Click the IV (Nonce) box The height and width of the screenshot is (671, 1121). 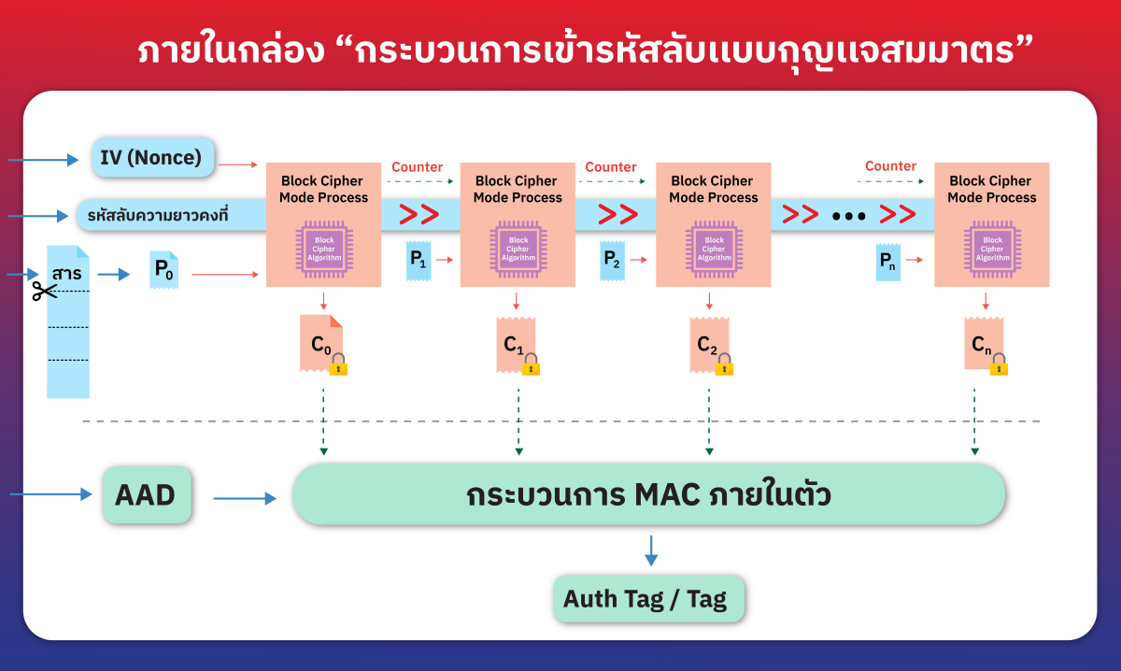tap(153, 157)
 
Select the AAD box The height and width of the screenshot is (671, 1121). tap(146, 495)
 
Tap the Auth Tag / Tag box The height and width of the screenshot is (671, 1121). tap(650, 599)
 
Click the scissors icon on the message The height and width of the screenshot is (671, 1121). tap(43, 291)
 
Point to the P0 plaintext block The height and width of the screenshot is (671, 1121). tap(163, 270)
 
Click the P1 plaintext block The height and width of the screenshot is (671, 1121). tap(418, 261)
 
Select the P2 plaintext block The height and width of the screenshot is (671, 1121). tap(612, 261)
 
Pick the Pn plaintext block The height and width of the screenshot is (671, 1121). tap(888, 263)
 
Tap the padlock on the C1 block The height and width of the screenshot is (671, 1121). tap(532, 364)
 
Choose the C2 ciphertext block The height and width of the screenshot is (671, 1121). tap(708, 344)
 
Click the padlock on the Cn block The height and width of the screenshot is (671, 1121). tap(999, 364)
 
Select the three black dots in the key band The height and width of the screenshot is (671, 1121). tap(849, 216)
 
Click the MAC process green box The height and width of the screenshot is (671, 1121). tap(649, 494)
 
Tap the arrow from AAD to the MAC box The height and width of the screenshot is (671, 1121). tap(245, 499)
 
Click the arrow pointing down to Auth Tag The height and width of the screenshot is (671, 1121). tap(651, 550)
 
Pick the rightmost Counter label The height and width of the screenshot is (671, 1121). tap(890, 166)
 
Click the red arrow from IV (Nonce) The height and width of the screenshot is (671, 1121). tap(240, 164)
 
